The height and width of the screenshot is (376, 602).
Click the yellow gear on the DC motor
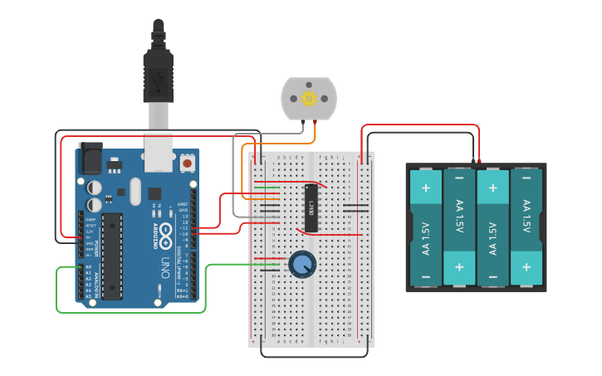[310, 99]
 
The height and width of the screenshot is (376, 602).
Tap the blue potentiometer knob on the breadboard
[303, 264]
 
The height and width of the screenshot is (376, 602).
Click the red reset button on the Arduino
[187, 164]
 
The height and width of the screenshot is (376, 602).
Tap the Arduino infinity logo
[166, 230]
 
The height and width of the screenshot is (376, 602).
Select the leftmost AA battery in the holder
[426, 227]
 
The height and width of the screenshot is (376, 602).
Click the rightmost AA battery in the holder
[525, 227]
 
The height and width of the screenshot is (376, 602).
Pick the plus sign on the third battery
[492, 188]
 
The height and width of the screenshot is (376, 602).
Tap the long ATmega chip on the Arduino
[112, 256]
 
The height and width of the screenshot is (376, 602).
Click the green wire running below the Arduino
[133, 312]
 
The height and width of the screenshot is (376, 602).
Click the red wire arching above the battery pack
[419, 125]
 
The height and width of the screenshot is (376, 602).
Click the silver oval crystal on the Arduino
[135, 193]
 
